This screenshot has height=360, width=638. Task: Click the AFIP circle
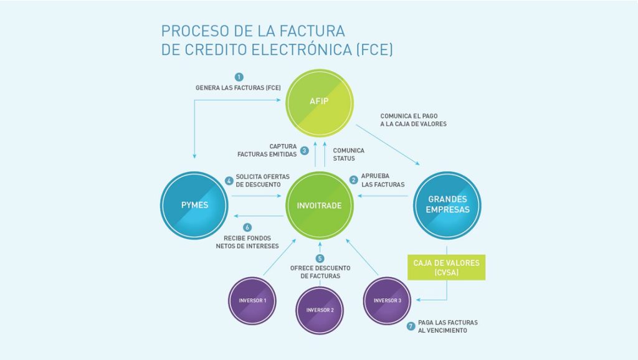point(320,103)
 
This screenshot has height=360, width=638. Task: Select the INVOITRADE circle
point(320,206)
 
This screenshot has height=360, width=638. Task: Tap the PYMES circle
point(194,206)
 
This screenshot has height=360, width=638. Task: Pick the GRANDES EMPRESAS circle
point(447,206)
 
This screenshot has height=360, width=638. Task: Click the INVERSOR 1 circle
point(252,301)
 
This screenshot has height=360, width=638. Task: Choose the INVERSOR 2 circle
point(320,310)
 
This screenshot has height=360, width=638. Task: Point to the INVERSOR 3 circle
point(387,301)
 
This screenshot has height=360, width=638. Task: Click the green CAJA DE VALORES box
point(446,267)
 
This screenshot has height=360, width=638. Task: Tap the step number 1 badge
point(239,77)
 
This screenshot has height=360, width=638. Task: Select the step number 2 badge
point(354,180)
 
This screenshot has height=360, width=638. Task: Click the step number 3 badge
point(304,151)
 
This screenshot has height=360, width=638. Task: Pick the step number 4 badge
point(229,180)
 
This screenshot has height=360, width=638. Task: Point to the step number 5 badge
point(320,258)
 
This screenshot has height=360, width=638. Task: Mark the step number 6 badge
point(247,227)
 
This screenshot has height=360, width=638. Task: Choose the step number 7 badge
point(411,326)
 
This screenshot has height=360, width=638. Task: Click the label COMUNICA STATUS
point(349,154)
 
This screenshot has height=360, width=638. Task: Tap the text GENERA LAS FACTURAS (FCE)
point(238,88)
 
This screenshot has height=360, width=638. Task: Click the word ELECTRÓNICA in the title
point(302,50)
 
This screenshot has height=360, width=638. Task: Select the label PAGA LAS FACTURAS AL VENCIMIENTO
point(448,326)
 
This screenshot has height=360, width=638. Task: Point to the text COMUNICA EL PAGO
point(409,116)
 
